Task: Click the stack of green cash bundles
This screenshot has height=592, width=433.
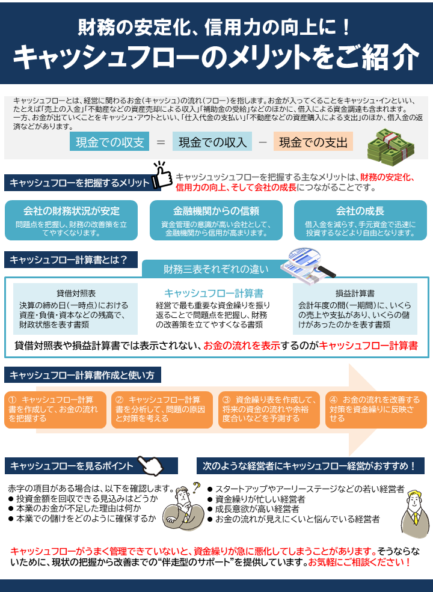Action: (391, 147)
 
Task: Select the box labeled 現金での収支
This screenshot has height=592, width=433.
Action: (109, 142)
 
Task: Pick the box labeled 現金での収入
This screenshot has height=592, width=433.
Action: (212, 142)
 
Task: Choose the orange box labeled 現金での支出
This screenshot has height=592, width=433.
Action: (313, 142)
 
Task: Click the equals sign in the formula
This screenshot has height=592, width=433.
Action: (161, 142)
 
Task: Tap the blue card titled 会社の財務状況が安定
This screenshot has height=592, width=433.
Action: (71, 220)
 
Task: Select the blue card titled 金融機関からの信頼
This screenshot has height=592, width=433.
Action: (216, 220)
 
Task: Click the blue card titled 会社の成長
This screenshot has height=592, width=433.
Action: (360, 220)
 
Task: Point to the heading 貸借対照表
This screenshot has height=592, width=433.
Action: (76, 293)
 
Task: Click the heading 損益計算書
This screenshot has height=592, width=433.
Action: (355, 293)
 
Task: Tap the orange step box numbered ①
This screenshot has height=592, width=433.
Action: (55, 410)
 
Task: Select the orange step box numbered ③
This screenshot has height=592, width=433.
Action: (269, 410)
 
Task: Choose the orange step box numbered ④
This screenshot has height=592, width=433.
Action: (376, 410)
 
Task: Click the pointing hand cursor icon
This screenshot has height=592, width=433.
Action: (150, 465)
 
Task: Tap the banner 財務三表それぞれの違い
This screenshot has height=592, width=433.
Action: (216, 269)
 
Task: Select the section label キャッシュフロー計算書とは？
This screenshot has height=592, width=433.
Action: (70, 260)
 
